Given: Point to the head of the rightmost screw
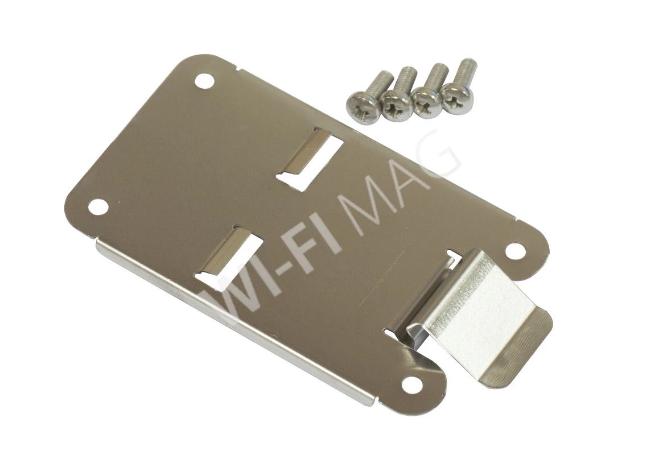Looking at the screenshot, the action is pyautogui.click(x=456, y=98).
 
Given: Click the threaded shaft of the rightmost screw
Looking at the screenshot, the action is pyautogui.click(x=467, y=73).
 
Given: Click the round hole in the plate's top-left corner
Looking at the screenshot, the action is pyautogui.click(x=204, y=80).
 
